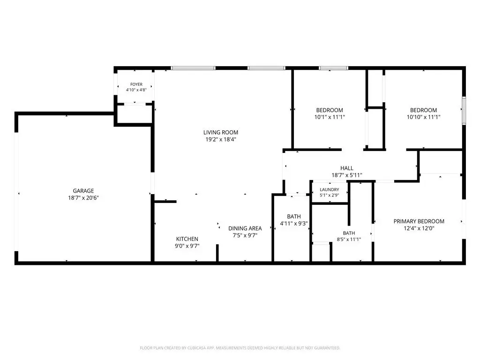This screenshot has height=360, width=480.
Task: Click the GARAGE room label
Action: (83, 191)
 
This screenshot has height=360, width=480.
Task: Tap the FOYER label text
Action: (136, 84)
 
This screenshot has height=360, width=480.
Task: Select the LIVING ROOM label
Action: (221, 132)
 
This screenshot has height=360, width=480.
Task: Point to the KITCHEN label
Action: (187, 239)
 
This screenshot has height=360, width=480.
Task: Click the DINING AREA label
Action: (245, 228)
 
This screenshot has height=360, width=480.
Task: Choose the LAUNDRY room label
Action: (330, 189)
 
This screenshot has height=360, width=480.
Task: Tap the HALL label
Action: (347, 168)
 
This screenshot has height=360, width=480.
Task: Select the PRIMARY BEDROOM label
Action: (419, 221)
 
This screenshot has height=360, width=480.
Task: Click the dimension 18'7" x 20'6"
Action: (83, 198)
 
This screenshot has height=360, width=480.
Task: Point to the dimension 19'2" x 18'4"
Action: (221, 139)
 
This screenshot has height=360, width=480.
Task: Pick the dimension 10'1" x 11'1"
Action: (330, 117)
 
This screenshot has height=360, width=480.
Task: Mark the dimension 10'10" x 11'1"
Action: (424, 117)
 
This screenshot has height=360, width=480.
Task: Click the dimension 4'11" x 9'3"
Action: (294, 224)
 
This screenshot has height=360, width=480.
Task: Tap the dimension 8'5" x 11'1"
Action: (349, 240)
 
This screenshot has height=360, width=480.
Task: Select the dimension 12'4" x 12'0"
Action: (419, 228)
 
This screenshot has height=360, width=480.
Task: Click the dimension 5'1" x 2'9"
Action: (330, 195)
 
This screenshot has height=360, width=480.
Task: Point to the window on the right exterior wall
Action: (464, 111)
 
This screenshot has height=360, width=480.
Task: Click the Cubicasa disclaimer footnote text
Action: (240, 348)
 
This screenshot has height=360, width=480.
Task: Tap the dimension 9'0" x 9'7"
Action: (187, 246)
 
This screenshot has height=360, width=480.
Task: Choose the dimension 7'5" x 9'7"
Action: (245, 235)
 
